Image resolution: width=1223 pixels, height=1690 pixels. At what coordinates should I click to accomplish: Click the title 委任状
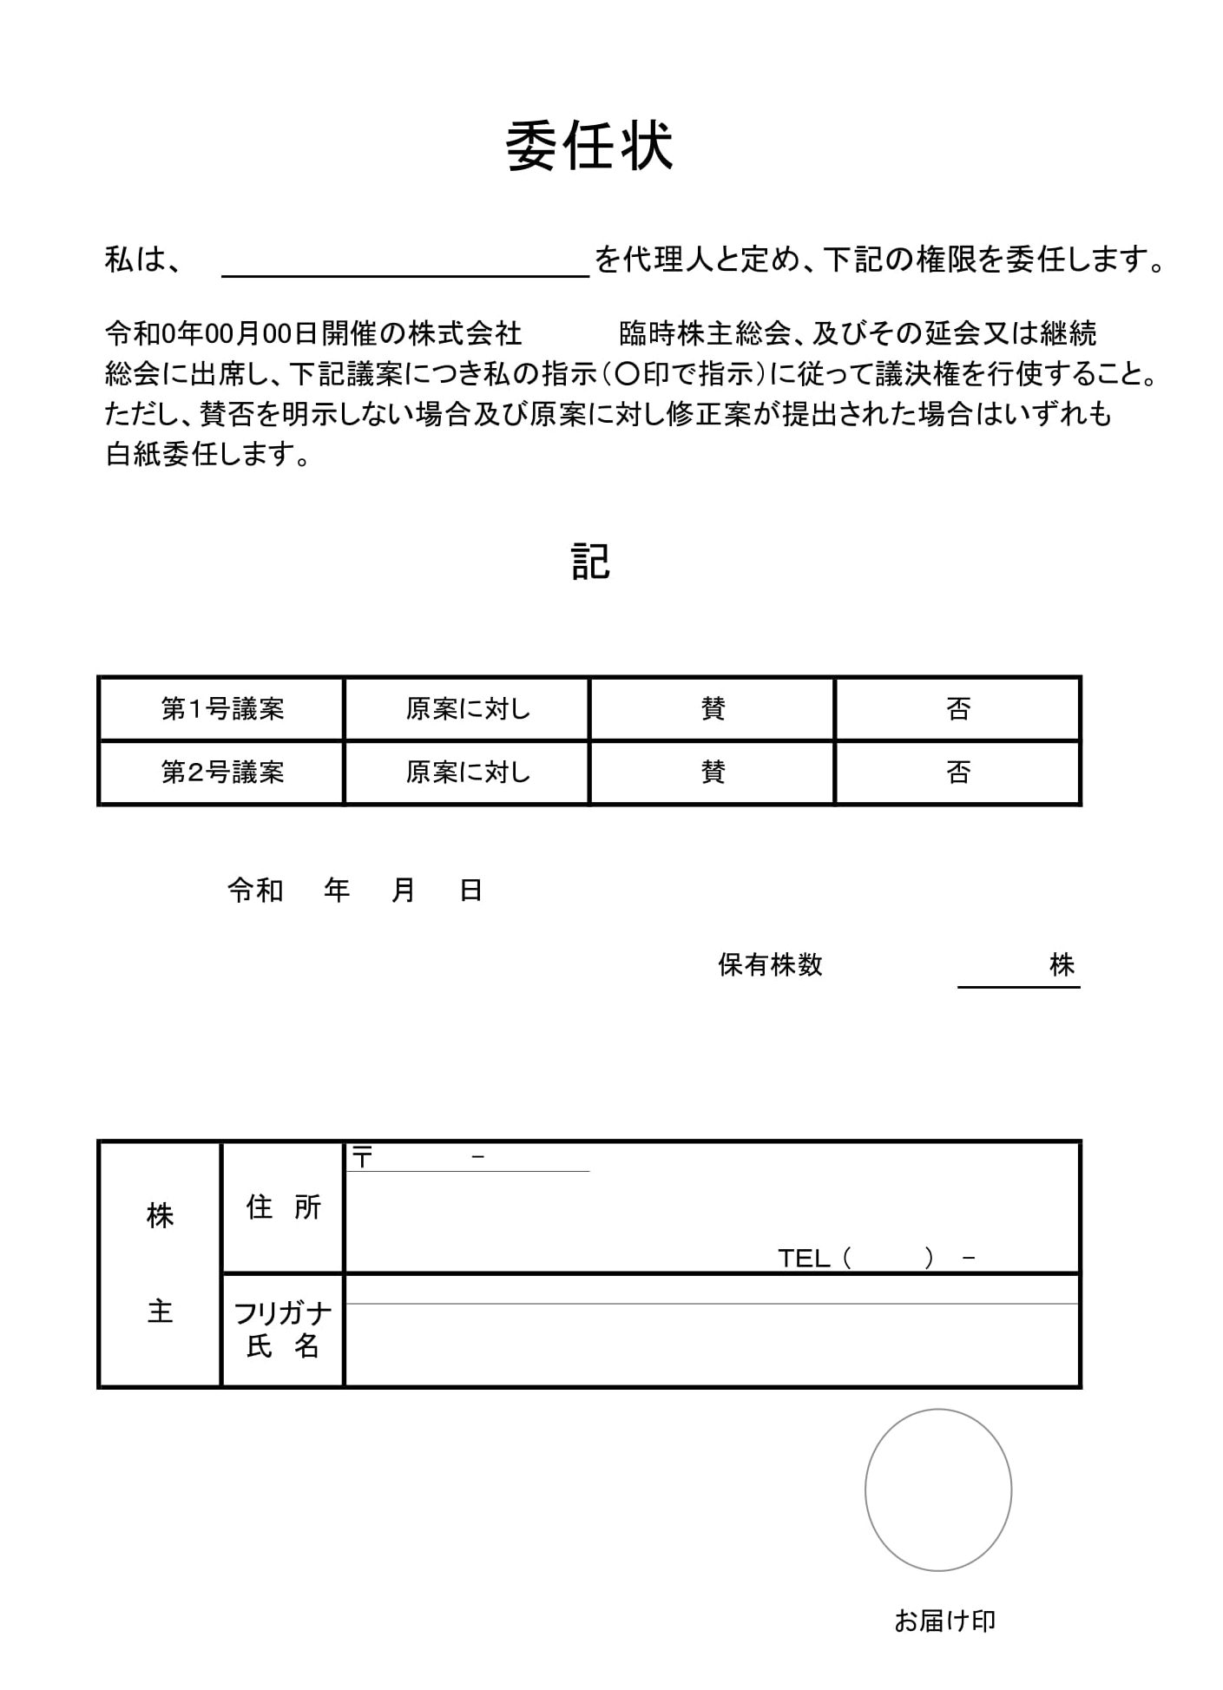589,146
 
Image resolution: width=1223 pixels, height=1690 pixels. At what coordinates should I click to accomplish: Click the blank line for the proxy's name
405,262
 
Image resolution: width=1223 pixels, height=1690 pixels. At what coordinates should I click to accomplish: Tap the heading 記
590,562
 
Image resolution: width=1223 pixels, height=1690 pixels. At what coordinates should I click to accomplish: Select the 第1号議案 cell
222,709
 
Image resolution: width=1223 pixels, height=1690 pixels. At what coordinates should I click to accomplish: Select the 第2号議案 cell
222,773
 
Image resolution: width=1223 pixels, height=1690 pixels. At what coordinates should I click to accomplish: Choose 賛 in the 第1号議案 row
713,709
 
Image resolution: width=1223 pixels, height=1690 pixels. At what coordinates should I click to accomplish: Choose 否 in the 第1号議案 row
958,709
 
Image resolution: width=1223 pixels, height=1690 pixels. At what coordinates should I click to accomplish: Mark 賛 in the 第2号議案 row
713,773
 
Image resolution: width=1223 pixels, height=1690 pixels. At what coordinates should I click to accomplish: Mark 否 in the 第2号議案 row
958,773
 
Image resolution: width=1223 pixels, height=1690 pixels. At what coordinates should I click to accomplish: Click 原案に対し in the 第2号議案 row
468,773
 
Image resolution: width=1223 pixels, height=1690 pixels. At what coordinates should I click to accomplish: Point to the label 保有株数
770,965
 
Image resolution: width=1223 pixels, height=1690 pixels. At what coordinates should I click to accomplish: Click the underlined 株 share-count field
1018,968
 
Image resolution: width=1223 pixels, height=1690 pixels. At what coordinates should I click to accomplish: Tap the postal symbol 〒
362,1157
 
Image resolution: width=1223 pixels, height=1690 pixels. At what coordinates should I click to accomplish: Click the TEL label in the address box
803,1258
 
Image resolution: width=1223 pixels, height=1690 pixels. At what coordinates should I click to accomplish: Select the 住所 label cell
283,1207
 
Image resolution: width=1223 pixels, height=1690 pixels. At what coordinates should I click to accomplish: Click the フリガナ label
283,1314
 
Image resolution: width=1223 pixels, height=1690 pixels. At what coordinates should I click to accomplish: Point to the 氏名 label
283,1346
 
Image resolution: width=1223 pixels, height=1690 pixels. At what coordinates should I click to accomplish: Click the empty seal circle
938,1489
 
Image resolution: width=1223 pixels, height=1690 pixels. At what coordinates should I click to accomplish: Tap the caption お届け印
944,1621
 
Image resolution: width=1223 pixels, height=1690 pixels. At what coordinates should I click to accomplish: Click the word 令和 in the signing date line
255,891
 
